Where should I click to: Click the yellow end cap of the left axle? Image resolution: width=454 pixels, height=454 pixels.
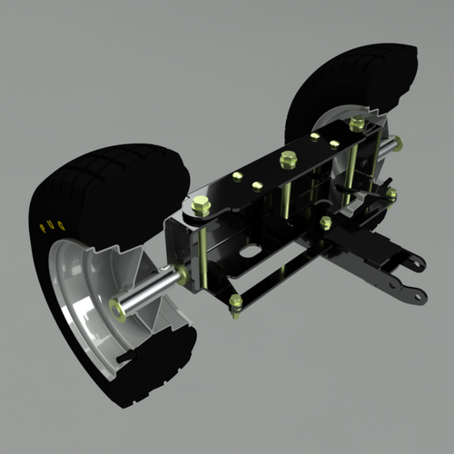117,308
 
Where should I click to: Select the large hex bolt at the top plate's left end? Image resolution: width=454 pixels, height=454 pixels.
202,207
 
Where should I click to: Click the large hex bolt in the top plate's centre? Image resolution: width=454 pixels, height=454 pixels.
288,161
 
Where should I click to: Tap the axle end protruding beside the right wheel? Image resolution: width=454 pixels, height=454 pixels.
397,142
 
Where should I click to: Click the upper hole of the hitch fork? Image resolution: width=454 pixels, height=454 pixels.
414,264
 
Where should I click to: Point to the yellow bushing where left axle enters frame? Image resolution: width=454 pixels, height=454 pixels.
183,273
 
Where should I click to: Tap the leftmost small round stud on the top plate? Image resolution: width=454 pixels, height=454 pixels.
239,175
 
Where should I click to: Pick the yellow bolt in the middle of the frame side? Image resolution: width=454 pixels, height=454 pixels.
325,222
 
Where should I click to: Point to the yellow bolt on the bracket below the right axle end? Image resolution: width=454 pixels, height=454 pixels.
391,193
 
